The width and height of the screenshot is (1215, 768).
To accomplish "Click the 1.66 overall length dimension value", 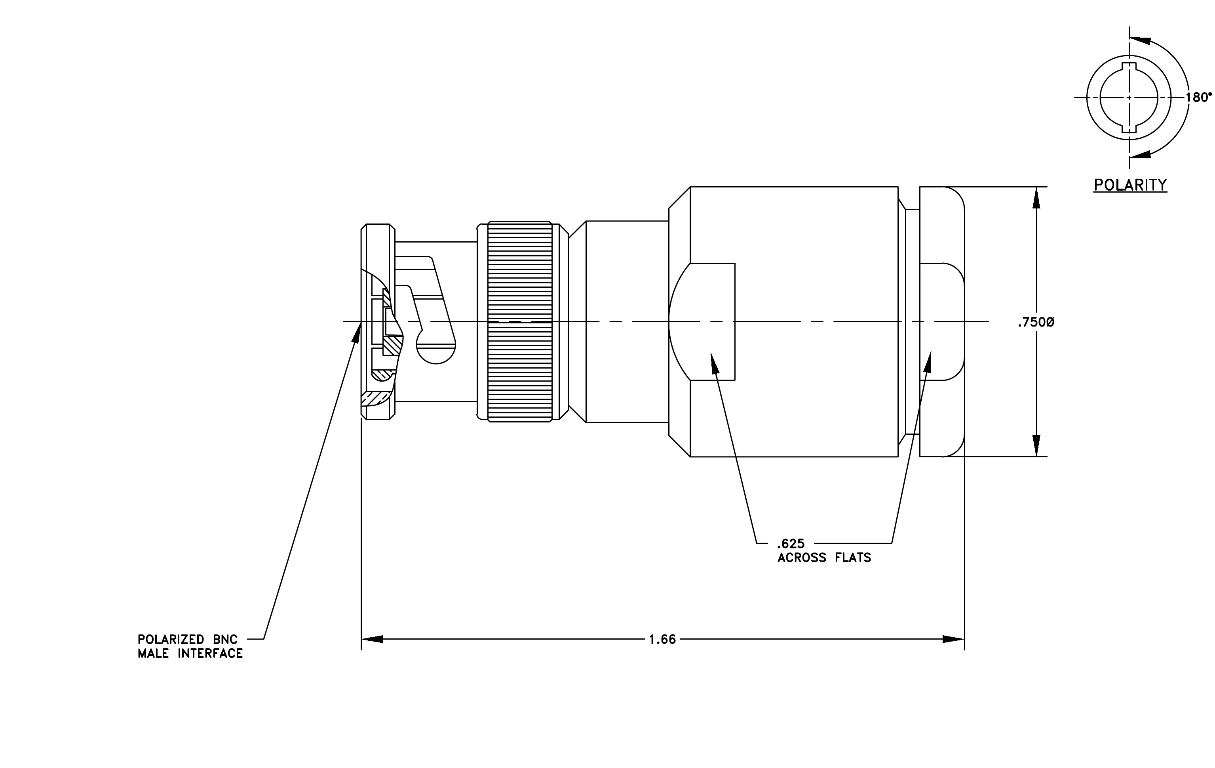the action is coord(662,639).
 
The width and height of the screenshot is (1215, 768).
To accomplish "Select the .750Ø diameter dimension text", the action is coord(1036,322).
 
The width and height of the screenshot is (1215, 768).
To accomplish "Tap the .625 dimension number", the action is coord(791,544).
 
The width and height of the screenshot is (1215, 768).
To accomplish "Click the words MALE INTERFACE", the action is coord(190,653).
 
